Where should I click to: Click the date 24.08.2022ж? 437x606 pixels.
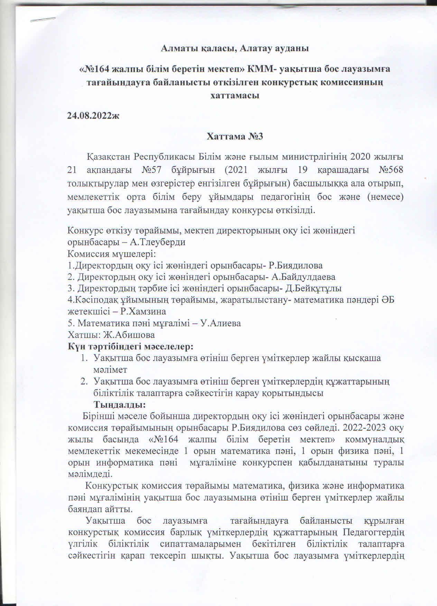tap(93, 116)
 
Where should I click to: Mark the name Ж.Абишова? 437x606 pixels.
tap(126, 335)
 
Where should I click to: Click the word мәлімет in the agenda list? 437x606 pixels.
tap(110, 369)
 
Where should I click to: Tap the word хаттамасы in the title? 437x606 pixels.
tap(235, 95)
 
